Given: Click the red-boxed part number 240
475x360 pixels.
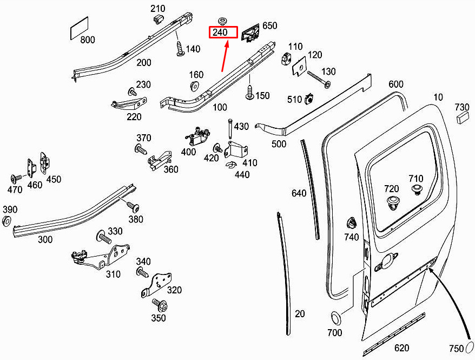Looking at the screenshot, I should [x=223, y=32].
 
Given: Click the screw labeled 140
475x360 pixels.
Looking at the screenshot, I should [x=179, y=48].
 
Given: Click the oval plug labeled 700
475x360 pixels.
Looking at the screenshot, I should [x=335, y=317].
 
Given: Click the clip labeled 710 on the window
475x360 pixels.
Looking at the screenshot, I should [x=416, y=189].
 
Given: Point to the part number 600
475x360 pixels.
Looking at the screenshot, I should [x=396, y=84].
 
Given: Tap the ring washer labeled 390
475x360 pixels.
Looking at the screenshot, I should [x=7, y=220].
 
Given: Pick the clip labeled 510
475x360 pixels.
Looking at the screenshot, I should [x=310, y=99].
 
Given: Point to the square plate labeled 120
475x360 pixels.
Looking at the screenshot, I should [x=298, y=68].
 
